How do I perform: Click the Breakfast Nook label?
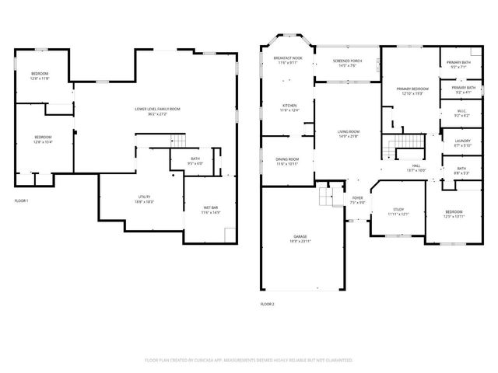[286, 61]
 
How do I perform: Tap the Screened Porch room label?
[347, 64]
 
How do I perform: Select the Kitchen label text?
[289, 106]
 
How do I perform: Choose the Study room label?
[398, 211]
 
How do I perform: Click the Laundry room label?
[461, 143]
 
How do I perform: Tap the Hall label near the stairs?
[416, 168]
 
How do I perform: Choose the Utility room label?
[144, 199]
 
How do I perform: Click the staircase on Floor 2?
[404, 144]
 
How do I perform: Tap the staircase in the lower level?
[179, 140]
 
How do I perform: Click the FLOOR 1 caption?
[22, 201]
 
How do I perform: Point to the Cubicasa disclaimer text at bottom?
[249, 361]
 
